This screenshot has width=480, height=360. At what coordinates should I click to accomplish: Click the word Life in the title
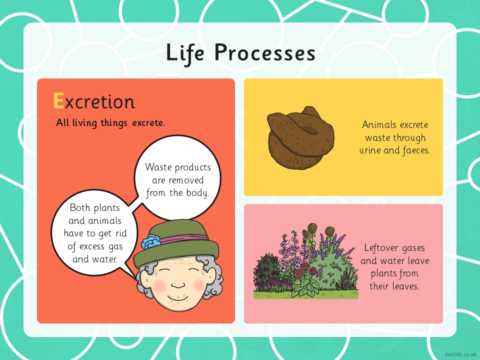tap(185, 53)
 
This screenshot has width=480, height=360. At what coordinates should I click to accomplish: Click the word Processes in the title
tap(265, 52)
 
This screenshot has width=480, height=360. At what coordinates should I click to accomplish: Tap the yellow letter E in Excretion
tap(58, 100)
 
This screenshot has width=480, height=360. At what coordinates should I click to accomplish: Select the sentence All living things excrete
tap(110, 123)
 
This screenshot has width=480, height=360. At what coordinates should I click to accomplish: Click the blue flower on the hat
tap(151, 241)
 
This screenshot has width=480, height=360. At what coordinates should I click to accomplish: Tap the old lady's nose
tap(178, 285)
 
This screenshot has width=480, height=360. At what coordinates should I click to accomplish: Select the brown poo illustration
tap(301, 138)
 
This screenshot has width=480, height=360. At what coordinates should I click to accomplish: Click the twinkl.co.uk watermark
tap(460, 354)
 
